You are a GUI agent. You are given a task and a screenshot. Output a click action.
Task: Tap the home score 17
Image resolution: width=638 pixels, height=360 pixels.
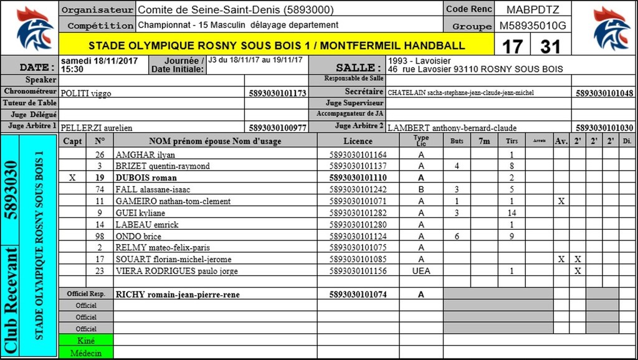tap(512, 46)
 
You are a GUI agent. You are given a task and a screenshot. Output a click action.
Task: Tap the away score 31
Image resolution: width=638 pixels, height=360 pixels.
tap(550, 46)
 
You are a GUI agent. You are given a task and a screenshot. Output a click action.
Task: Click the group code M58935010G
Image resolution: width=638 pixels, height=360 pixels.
tap(533, 26)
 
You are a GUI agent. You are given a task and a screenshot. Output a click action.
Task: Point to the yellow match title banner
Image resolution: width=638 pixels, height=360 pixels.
tap(277, 45)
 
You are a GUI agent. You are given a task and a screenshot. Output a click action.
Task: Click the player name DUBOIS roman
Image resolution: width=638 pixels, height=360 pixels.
tap(146, 178)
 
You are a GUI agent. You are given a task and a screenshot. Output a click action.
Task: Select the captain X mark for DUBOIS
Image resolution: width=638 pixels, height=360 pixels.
tap(72, 178)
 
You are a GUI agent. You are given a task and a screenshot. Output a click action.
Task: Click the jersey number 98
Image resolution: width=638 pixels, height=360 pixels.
tap(100, 236)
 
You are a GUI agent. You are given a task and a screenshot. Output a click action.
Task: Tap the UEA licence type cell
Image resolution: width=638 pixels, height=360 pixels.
tap(421, 271)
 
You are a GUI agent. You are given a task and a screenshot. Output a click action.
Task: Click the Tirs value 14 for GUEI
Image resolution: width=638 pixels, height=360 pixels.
tap(511, 213)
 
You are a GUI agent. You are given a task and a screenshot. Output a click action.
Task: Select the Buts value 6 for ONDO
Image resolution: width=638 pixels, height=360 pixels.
tap(457, 236)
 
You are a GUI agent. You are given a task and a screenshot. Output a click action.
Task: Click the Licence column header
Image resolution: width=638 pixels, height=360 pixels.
tap(358, 141)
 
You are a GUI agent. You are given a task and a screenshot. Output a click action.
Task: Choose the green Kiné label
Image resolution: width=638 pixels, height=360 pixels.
tap(86, 341)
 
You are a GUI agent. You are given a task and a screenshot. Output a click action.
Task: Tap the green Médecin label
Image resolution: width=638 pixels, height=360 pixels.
tap(86, 353)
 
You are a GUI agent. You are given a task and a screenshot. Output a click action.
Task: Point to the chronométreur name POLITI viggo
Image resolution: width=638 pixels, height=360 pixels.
tap(85, 93)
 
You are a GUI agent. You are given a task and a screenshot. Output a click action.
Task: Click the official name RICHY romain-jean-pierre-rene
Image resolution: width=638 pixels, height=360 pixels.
tap(178, 294)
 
